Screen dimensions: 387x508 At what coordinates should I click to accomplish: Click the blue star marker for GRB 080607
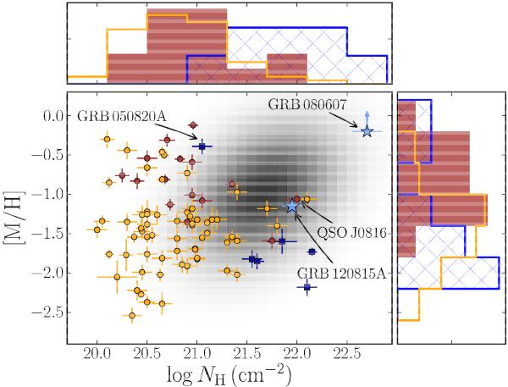[367, 131]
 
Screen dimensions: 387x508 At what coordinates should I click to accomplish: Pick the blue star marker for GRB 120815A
[293, 206]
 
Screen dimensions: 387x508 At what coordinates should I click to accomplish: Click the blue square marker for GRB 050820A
[202, 147]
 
